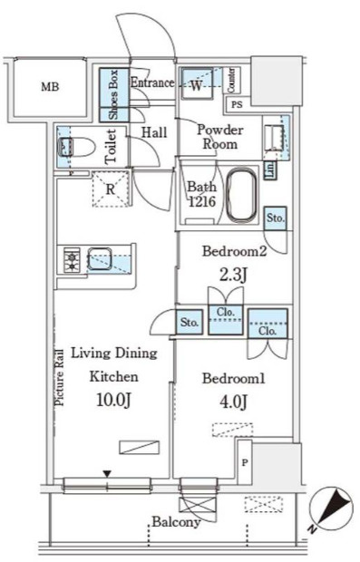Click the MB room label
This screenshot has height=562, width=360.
click(x=50, y=87)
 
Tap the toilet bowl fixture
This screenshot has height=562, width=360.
click(x=76, y=148)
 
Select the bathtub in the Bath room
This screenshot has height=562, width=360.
click(x=242, y=194)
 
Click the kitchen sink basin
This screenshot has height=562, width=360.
click(x=100, y=257)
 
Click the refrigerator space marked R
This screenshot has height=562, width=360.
click(x=110, y=189)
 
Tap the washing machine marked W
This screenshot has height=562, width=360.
click(x=196, y=83)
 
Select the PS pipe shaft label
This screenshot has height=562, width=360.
click(x=237, y=104)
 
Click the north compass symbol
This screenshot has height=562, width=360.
click(x=331, y=508)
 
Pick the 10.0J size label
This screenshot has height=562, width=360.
click(x=113, y=400)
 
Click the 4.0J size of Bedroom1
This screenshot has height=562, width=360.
click(x=233, y=402)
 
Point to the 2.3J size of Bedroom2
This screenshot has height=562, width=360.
click(x=233, y=276)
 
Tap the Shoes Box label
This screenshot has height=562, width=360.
click(x=113, y=94)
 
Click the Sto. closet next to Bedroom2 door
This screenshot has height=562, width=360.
click(x=276, y=218)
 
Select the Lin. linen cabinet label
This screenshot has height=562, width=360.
click(x=270, y=170)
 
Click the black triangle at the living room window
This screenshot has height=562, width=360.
click(x=107, y=474)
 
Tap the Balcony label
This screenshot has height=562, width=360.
click(x=176, y=521)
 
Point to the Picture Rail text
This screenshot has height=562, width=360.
click(x=59, y=377)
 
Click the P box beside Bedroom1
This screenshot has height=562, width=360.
click(x=245, y=462)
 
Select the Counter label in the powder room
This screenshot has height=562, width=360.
click(x=231, y=81)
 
